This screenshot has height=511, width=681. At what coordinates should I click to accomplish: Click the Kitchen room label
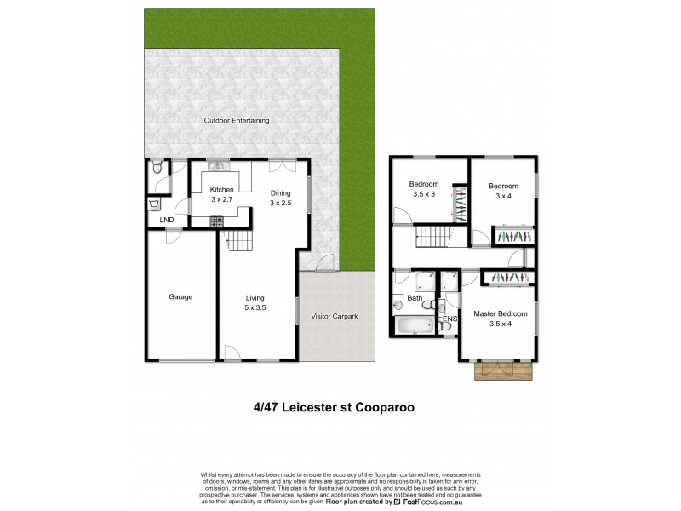[x=222, y=189]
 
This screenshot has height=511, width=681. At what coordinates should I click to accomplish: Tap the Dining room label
[x=281, y=192]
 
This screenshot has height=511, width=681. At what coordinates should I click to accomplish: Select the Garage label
[x=180, y=297]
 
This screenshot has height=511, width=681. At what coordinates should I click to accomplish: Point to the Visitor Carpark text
[x=335, y=316]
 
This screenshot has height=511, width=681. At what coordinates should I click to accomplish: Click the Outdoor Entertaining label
[x=237, y=121]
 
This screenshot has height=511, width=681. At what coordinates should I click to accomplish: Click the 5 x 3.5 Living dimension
[x=255, y=307]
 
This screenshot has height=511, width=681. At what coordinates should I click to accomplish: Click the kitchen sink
[x=215, y=167]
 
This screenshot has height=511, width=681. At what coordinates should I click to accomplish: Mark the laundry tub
[x=154, y=204]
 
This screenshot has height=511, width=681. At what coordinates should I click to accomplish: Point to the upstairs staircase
[x=435, y=237]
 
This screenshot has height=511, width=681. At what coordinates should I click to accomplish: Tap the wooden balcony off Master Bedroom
[x=502, y=368]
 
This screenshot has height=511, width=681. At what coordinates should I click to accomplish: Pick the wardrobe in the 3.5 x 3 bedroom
[x=460, y=204]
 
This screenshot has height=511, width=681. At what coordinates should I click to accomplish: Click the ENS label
[x=450, y=319]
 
